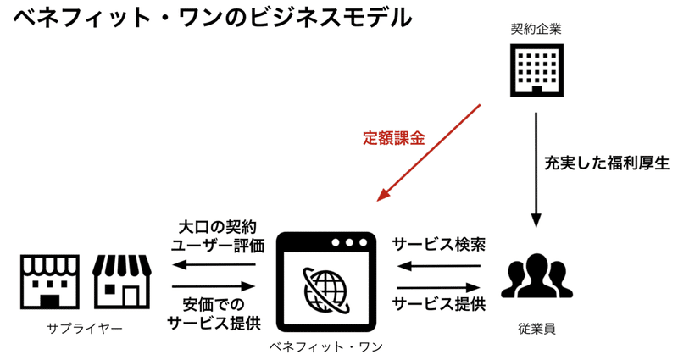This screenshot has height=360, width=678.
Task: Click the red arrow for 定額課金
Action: [429, 152]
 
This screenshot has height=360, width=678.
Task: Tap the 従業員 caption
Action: [536, 328]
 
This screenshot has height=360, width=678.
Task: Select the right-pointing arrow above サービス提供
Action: [438, 284]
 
